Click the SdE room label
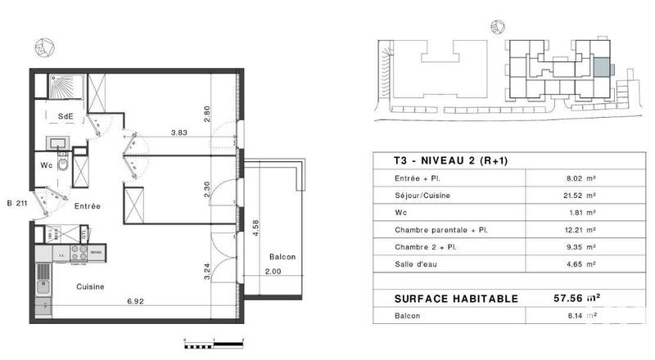(x=65, y=117)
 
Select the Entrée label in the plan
(x=87, y=206)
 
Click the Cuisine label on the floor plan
(x=89, y=286)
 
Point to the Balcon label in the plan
(x=282, y=257)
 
